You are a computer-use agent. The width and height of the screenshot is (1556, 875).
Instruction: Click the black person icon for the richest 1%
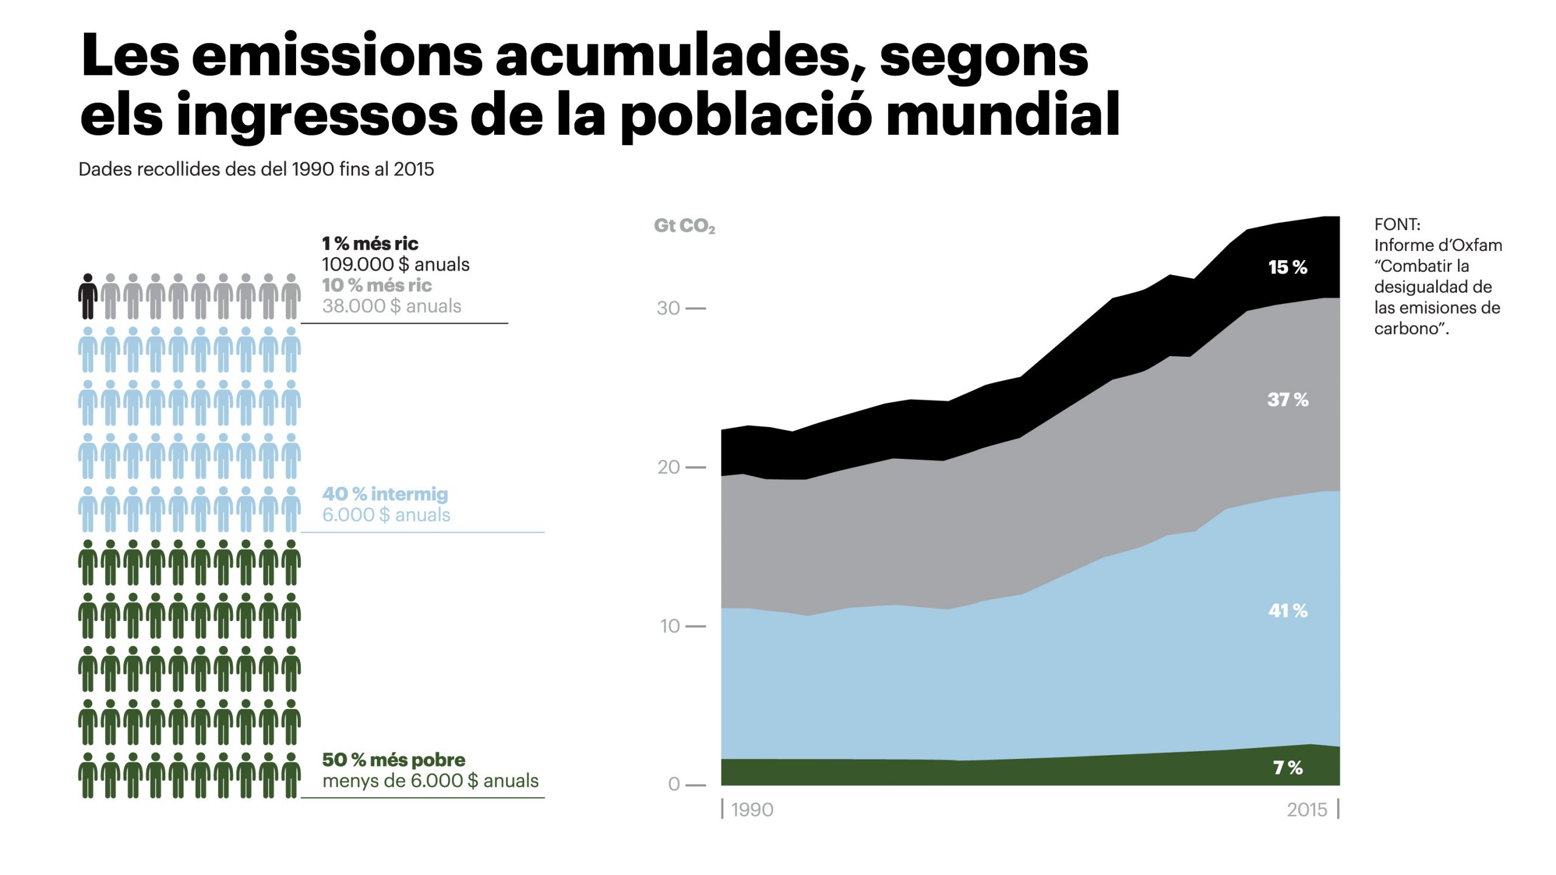(88, 296)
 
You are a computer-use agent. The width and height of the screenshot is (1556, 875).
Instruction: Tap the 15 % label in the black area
(1287, 267)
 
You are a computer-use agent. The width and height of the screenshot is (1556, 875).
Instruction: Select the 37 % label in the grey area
(1287, 399)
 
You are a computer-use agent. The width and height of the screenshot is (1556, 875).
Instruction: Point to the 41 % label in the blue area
(1287, 610)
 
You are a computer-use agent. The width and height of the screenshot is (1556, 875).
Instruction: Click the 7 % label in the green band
(1287, 767)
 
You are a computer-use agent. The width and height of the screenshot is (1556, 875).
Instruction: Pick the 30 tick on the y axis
(668, 308)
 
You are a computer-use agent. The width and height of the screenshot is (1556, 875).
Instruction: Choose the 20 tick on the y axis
(668, 467)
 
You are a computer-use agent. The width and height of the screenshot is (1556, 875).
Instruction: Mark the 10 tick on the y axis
(669, 626)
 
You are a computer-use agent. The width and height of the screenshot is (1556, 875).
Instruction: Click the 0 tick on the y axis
(673, 784)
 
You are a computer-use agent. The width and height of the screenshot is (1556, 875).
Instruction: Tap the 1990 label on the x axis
(752, 810)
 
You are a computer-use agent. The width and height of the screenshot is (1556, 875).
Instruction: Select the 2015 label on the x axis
(1307, 810)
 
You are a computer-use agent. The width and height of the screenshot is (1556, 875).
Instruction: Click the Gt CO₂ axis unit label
(684, 226)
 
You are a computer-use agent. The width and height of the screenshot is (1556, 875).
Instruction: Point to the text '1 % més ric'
(370, 244)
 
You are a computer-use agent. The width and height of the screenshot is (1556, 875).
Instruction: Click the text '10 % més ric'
(377, 285)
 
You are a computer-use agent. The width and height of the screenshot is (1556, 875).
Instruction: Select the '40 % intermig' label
(385, 494)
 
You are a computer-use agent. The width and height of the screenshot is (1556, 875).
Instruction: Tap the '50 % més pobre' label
(393, 760)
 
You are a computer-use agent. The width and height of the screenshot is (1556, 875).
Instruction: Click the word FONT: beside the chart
(1397, 224)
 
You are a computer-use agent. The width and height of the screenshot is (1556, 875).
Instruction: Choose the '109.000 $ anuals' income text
(395, 264)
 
